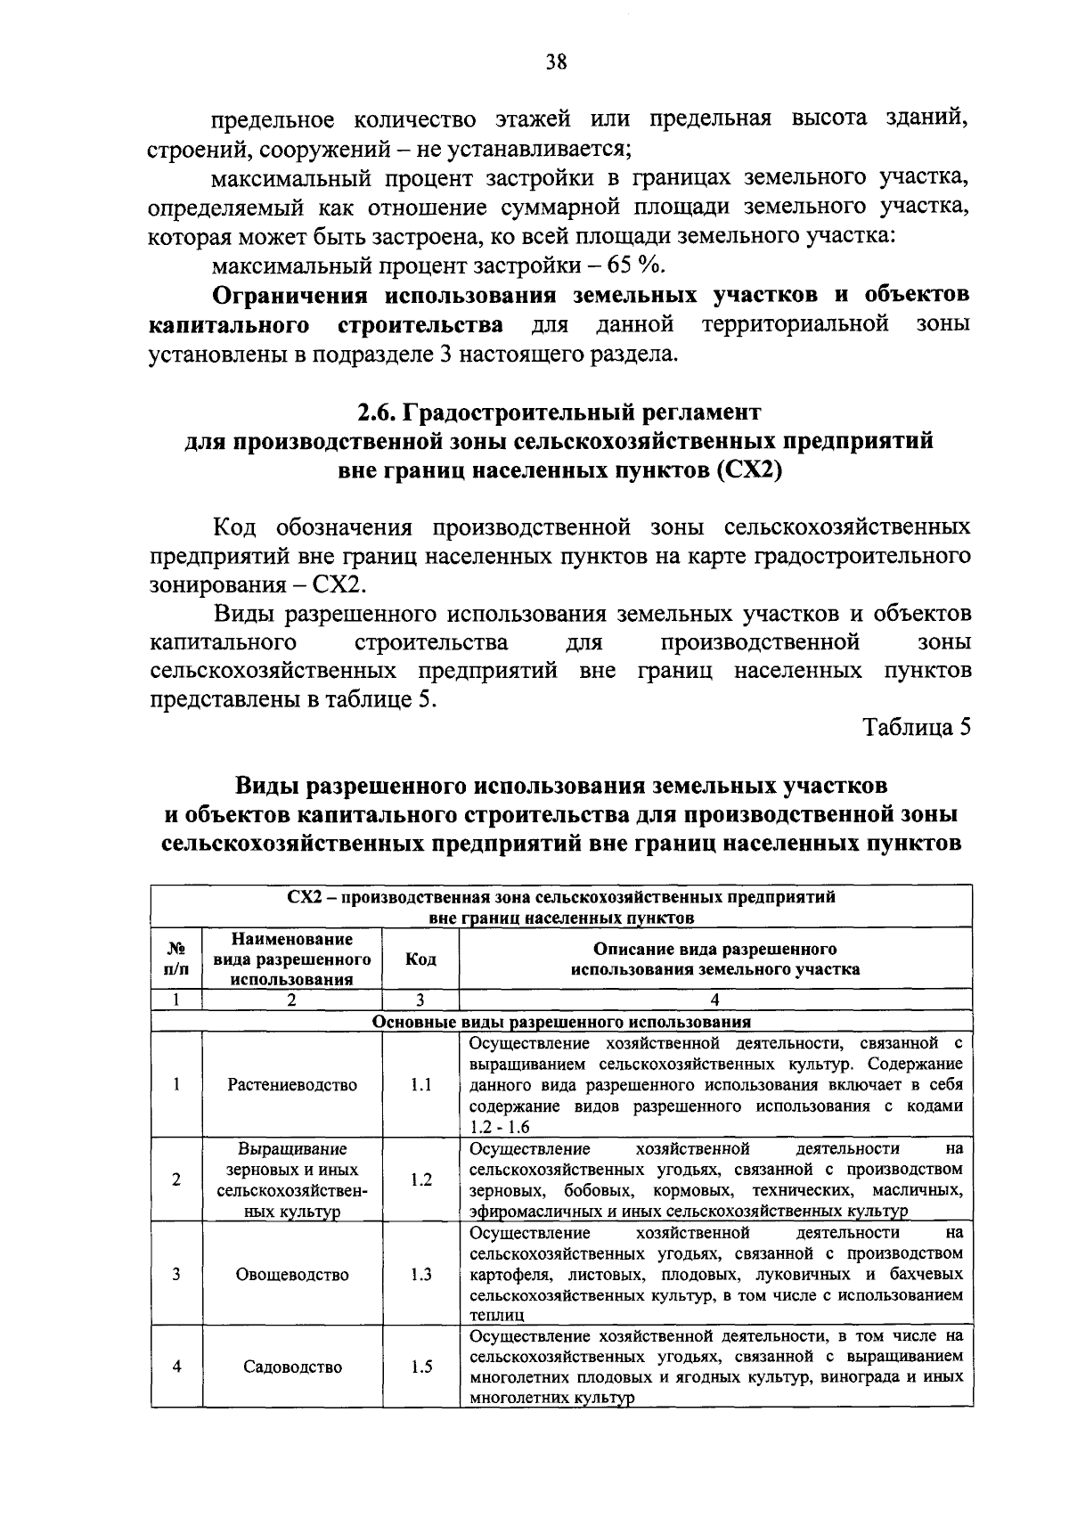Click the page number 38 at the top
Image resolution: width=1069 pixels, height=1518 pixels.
tap(556, 61)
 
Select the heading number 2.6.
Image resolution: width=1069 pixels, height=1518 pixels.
tap(377, 412)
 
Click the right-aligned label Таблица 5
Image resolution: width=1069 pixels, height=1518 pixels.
tap(917, 727)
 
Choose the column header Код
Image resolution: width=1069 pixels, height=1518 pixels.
tap(420, 959)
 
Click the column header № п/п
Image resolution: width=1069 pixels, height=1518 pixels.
tap(176, 959)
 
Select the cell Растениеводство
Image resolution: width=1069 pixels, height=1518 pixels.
tap(292, 1084)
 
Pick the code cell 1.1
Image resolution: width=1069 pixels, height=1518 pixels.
tap(420, 1084)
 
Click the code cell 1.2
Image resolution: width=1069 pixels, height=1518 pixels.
tap(420, 1179)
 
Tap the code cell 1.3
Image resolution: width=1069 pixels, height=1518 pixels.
tap(420, 1274)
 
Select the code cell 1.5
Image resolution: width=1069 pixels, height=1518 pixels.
tap(420, 1367)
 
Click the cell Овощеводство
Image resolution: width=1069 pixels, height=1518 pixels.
tap(292, 1274)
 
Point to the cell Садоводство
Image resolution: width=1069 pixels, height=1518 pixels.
tap(292, 1367)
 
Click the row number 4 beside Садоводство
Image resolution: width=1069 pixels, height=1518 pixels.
tap(176, 1367)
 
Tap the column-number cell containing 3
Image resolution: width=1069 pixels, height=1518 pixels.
tap(420, 1000)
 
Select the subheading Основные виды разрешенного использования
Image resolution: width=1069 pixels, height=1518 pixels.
tap(561, 1022)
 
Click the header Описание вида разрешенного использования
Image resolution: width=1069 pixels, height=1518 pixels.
tap(715, 959)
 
